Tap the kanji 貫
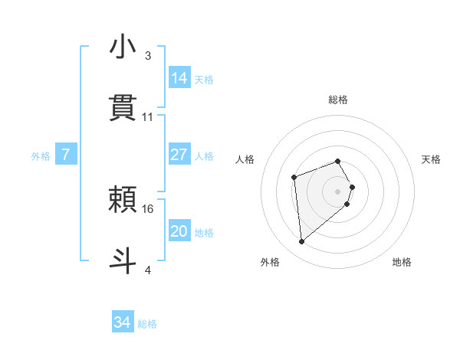123,108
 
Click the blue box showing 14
179,78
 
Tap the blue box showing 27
179,155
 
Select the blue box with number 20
179,231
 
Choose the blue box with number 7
66,155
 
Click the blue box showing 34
123,323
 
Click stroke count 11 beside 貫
148,117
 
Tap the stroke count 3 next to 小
148,56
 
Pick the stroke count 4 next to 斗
148,270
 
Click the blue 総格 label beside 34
148,324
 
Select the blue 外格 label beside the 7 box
41,156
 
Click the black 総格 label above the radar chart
338,100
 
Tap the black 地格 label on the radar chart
402,263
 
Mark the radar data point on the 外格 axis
302,242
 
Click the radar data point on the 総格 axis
337,161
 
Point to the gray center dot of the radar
337,191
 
